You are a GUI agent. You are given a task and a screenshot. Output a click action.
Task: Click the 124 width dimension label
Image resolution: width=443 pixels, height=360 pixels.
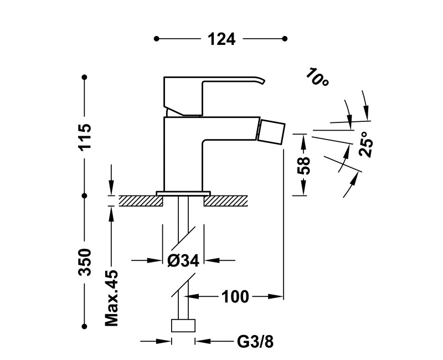[x=221, y=39]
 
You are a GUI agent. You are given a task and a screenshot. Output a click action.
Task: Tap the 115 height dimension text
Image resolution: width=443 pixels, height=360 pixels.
[x=84, y=137]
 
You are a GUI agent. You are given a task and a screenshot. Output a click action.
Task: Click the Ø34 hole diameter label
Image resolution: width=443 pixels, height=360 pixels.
[x=183, y=261]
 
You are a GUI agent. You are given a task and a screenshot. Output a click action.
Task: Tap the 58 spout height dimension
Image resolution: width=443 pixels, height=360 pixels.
[x=303, y=164]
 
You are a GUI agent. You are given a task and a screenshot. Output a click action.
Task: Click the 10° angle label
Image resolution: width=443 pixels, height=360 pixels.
[x=317, y=78]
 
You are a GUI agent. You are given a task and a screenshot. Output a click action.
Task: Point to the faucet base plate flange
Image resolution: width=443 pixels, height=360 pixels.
[x=183, y=193]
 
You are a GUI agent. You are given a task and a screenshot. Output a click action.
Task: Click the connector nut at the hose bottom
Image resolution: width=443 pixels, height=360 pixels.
[x=183, y=326]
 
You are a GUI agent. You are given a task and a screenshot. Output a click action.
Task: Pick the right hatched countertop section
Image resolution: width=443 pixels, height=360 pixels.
[x=226, y=200]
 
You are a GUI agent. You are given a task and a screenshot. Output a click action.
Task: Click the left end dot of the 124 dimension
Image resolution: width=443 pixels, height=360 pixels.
[x=157, y=39]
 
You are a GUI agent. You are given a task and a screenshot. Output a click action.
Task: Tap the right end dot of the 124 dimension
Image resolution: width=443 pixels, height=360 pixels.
[x=285, y=39]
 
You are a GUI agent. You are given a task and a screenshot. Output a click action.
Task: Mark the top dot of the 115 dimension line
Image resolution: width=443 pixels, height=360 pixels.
[x=84, y=77]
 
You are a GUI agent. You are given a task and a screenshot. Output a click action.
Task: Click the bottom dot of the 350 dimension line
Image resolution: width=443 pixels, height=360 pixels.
[x=84, y=326]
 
